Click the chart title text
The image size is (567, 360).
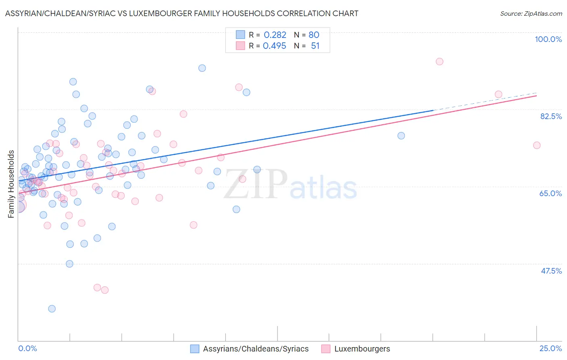pos(181,14)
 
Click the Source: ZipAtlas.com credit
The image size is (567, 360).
pos(531,14)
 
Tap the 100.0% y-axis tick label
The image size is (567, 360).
pos(548,39)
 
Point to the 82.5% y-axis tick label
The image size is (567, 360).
pos(551,116)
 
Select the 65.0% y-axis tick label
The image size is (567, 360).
pos(550,193)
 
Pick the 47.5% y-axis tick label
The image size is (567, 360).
pos(551,271)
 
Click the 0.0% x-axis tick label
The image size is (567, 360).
pos(27,348)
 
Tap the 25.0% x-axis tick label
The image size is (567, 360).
pos(550,348)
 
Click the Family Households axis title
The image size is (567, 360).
pos(11,184)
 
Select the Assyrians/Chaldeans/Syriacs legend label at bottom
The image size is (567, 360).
pos(256,349)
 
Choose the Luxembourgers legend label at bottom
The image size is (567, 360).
pos(362,349)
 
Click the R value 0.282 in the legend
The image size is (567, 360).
pos(275,35)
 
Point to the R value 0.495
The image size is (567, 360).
pos(275,46)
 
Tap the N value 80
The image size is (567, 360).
pos(314,35)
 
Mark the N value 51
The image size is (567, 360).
pos(315,46)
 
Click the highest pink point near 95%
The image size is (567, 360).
pos(440,61)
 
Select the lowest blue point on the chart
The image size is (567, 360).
pos(52,309)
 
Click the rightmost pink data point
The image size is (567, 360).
pos(537,145)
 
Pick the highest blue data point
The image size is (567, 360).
pos(202,68)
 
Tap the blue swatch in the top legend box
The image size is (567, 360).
pos(240,35)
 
